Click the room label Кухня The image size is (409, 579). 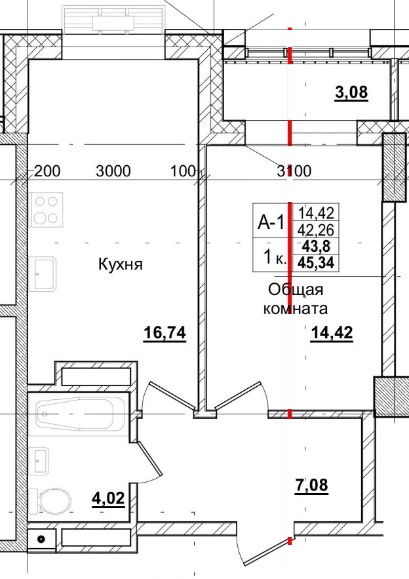pos(121,265)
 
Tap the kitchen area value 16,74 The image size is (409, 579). pos(165,334)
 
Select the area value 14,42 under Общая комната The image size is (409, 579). pos(332,334)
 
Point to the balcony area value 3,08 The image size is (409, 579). pos(351,92)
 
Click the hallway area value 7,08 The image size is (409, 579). pos(311,486)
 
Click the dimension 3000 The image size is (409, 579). pos(113,172)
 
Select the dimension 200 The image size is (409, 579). pos(47,172)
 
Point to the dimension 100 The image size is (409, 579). pos(183,172)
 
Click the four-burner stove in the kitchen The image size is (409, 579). pos(46,209)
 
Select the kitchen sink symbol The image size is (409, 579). pos(45,273)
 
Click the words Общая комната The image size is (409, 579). pos(295,298)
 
